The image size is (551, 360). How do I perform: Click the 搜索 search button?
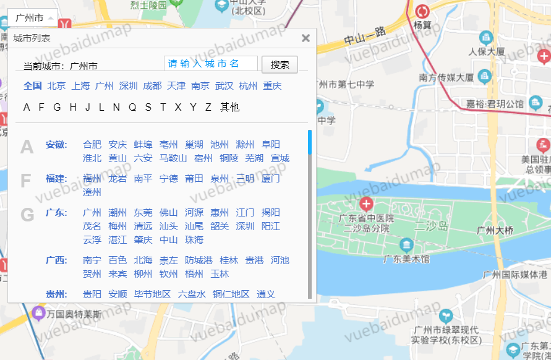[280, 64]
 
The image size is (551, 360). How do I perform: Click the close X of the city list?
[305, 38]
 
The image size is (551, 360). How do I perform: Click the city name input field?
[211, 64]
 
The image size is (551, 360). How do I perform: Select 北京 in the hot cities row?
[56, 86]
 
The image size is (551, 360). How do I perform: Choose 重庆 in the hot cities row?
[272, 86]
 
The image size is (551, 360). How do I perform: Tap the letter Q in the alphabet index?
[132, 108]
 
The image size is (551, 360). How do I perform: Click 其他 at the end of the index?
[229, 108]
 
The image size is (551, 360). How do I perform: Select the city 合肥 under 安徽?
[92, 145]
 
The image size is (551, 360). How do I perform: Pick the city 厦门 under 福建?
[271, 179]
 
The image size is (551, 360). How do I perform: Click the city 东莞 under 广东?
[143, 213]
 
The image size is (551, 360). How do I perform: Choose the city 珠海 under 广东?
[194, 240]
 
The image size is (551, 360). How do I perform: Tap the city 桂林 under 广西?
[229, 260]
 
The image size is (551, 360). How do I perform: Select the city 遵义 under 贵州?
[266, 294]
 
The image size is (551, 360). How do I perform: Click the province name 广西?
[56, 260]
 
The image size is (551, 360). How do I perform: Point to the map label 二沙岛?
[431, 226]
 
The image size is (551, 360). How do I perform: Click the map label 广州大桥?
[495, 231]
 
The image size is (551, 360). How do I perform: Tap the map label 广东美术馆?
[406, 258]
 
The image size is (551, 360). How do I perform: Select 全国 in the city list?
[33, 86]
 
